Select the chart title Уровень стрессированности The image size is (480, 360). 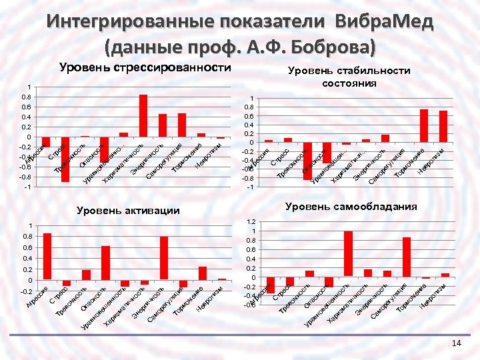[145, 67]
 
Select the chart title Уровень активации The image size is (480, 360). [128, 211]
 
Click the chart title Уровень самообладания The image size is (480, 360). [351, 207]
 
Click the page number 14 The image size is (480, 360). [456, 343]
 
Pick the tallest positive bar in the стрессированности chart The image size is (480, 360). [143, 115]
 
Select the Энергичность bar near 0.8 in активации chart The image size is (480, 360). [163, 257]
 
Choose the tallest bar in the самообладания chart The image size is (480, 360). [348, 253]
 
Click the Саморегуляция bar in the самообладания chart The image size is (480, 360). [407, 257]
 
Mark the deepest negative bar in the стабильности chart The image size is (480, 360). [307, 161]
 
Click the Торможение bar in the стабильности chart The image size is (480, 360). [424, 125]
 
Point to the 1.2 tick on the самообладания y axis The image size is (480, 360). [251, 221]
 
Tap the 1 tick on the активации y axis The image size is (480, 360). [29, 225]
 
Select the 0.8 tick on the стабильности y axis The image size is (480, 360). [251, 107]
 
